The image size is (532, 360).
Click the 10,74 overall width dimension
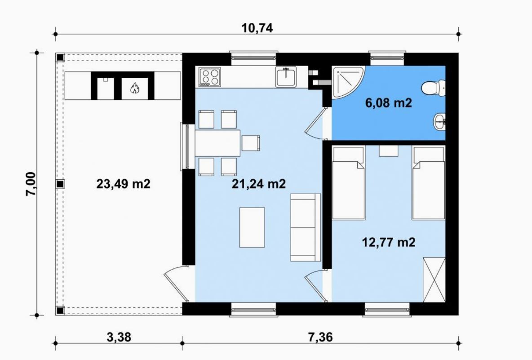257,28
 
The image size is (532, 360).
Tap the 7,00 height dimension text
31,184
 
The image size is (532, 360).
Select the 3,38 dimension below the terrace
119,337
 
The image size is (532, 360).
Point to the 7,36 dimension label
320,337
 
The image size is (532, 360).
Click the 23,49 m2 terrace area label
123,184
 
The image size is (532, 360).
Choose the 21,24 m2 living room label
258,184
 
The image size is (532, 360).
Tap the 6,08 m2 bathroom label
389,102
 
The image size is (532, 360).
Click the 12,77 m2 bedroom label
389,243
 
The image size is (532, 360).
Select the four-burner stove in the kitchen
210,77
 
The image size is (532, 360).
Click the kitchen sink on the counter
286,77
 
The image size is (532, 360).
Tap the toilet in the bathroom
433,88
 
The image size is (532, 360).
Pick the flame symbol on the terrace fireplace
135,88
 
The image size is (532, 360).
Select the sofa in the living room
306,227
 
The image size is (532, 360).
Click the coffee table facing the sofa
252,228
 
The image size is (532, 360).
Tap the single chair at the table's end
251,143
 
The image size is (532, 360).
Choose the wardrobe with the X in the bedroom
434,280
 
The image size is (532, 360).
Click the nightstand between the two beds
389,151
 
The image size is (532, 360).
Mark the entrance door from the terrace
176,282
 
